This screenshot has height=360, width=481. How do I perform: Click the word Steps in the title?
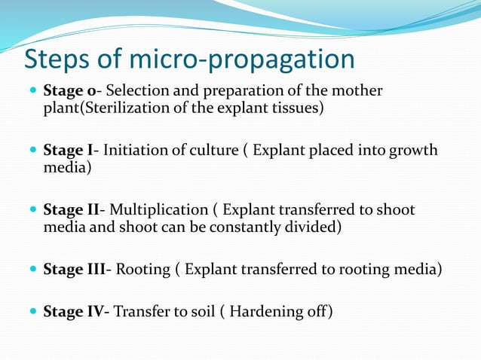tap(57, 60)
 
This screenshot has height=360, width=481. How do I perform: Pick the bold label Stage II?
tap(72, 209)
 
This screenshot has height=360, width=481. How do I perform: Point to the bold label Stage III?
tap(75, 267)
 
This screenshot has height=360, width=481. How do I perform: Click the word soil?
tap(199, 310)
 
